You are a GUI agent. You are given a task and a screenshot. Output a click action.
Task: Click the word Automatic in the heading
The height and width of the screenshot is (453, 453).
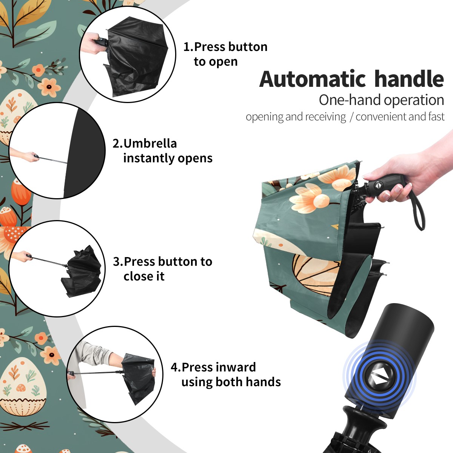[x=313, y=79]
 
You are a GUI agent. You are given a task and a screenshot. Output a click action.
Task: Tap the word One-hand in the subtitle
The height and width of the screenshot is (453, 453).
[x=350, y=100]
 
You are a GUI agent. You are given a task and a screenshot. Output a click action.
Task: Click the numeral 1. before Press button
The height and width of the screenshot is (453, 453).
[x=188, y=47]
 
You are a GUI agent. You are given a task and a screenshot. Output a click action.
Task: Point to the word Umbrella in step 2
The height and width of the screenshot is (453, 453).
[x=150, y=143]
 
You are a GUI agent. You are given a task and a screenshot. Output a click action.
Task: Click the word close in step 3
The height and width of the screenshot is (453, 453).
[x=136, y=276]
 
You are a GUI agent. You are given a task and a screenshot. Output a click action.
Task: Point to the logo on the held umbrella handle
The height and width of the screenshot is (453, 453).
[x=379, y=185]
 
